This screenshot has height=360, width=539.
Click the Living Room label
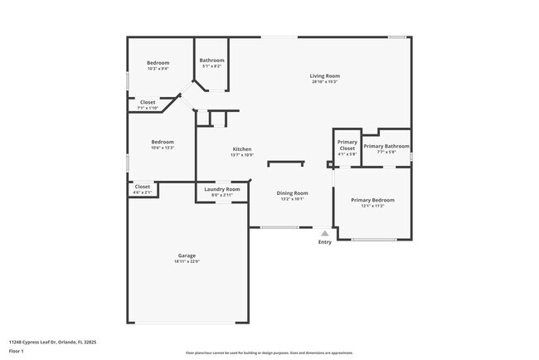pos(325,75)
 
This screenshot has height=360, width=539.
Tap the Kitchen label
pos(241,149)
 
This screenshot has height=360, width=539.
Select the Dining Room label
pos(292,193)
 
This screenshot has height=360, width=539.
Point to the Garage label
pos(187,255)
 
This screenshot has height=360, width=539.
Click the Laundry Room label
pos(221,189)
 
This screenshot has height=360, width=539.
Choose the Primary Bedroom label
pos(372,200)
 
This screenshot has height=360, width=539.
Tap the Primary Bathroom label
pos(386,146)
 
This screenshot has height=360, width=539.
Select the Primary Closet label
pos(347,145)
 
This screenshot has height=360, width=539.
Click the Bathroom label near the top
pos(212,60)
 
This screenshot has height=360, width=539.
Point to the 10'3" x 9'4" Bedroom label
pos(158,63)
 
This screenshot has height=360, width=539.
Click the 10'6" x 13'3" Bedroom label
pos(162,142)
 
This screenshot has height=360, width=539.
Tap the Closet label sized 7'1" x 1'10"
pos(147,102)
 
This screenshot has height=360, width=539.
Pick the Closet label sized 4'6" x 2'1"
pos(143,187)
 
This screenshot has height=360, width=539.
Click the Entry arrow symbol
pos(324,234)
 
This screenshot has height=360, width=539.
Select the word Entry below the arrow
pos(324,242)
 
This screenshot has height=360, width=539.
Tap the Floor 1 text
pos(17,351)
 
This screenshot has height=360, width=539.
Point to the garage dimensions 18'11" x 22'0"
pos(187,261)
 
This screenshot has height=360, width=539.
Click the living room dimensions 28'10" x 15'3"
pos(325,81)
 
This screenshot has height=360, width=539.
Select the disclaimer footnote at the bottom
pos(269,352)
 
